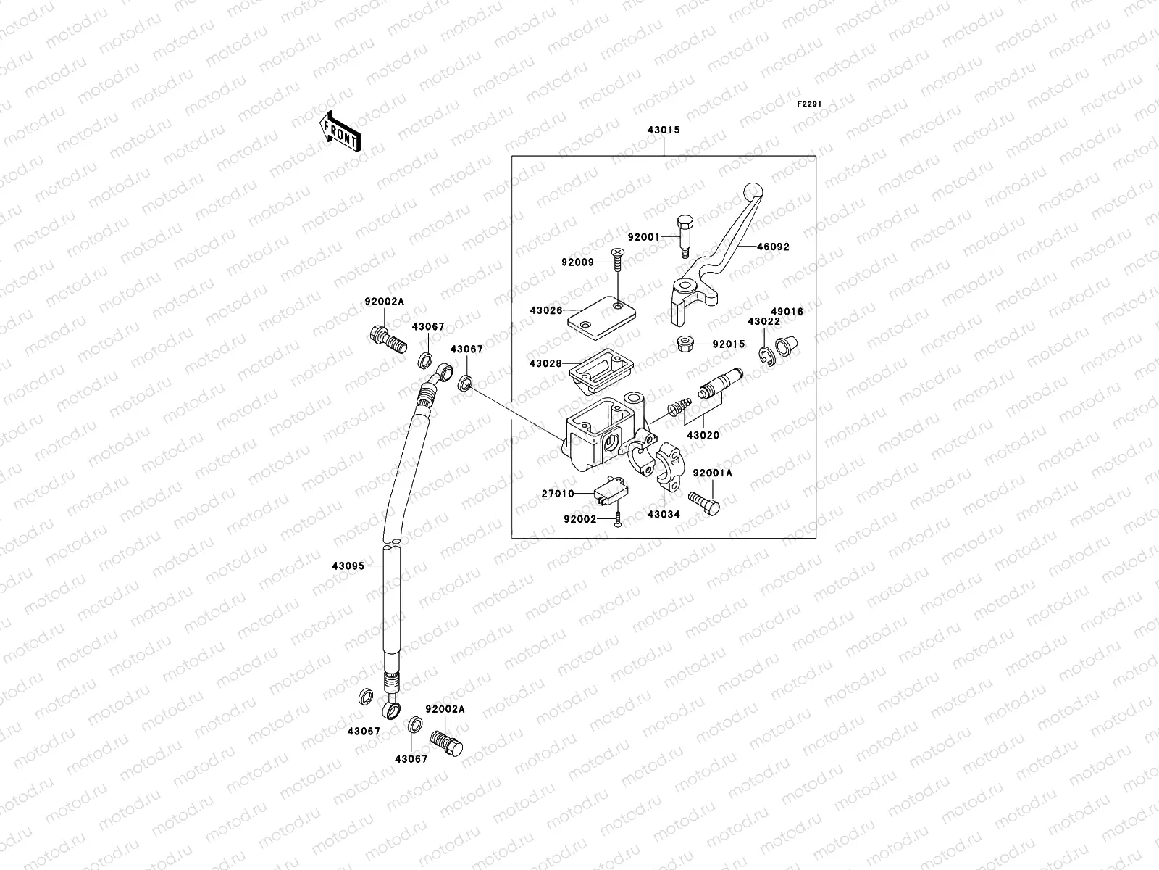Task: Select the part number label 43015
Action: pyautogui.click(x=664, y=131)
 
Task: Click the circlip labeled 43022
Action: pyautogui.click(x=769, y=355)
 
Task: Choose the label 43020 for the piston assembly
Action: pyautogui.click(x=702, y=436)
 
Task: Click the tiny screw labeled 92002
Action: pyautogui.click(x=618, y=519)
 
